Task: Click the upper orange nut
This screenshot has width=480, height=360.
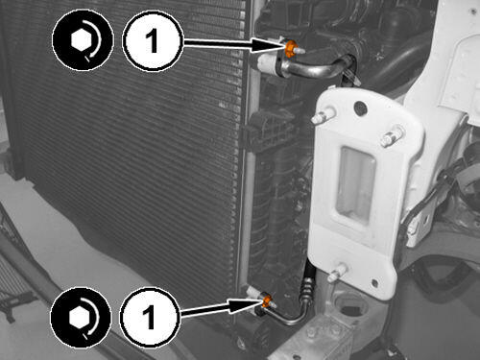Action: click(x=291, y=49)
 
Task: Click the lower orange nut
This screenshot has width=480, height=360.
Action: click(x=267, y=300)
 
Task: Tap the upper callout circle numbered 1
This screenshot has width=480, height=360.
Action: click(x=153, y=41)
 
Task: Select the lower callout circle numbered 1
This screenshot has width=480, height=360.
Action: click(x=149, y=316)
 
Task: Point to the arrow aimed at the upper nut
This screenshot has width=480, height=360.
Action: click(x=233, y=44)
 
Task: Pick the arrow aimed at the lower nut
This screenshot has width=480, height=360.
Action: click(x=221, y=308)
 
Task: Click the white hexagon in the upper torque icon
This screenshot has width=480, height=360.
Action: click(x=82, y=40)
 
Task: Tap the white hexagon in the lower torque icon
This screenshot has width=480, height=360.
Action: click(x=80, y=317)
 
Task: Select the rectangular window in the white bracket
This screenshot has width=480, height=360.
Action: click(x=355, y=185)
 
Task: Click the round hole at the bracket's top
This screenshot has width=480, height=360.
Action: click(x=360, y=108)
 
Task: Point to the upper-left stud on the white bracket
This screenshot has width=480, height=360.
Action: click(x=323, y=116)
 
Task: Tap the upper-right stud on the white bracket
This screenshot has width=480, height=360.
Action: click(x=392, y=135)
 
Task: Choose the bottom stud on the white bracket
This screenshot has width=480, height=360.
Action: click(x=338, y=273)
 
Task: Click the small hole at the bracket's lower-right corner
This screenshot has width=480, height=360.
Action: click(x=375, y=282)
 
